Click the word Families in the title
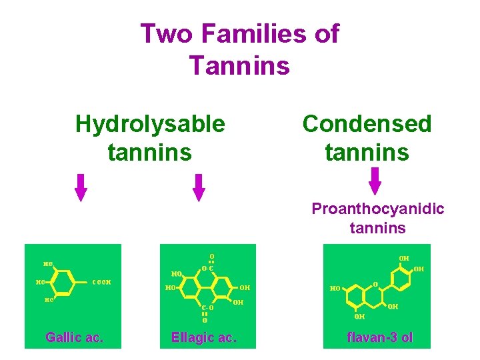(x=251, y=33)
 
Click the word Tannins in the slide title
(x=239, y=65)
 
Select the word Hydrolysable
(x=150, y=123)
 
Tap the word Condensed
(x=367, y=123)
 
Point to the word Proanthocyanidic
(x=378, y=209)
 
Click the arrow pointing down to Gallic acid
(x=81, y=187)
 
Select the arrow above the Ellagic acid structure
(x=199, y=187)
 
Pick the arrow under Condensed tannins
(x=375, y=181)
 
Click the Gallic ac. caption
(x=74, y=337)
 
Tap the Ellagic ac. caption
(x=203, y=337)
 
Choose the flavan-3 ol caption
(x=380, y=337)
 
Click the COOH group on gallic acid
(x=101, y=281)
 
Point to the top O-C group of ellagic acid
(x=207, y=269)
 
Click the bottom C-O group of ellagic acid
(x=208, y=308)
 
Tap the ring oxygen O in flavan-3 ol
(x=375, y=285)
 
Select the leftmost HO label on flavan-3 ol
(x=335, y=289)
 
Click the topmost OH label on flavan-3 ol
(x=404, y=258)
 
